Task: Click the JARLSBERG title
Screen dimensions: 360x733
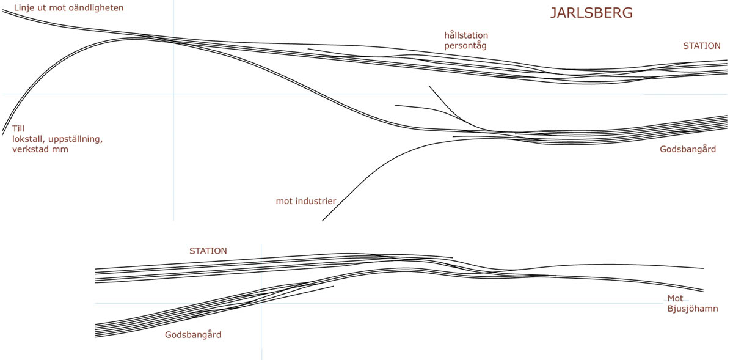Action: tap(591, 13)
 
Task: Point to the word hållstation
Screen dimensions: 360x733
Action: tap(466, 35)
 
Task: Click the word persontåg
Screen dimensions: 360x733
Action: tap(465, 45)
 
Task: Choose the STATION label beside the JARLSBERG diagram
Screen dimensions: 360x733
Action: tap(701, 46)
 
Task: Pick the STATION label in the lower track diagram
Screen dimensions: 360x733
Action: tap(208, 251)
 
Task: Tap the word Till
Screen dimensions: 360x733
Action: tap(18, 129)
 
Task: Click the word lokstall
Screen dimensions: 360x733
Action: tap(28, 139)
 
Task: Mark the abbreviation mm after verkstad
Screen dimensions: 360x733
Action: tap(61, 149)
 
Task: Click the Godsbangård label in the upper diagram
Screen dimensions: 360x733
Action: tap(687, 149)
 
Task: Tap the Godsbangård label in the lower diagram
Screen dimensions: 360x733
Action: tap(193, 335)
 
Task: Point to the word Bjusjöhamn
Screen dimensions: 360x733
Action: tap(692, 309)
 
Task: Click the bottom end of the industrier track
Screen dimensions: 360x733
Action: tap(323, 220)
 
